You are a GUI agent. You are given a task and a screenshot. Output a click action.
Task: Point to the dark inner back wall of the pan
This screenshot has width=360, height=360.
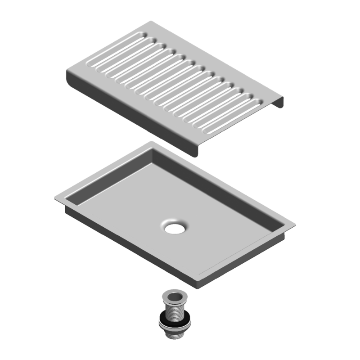tap(216, 189)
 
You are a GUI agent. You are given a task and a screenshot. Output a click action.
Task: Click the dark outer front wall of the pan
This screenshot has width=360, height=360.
tap(130, 247)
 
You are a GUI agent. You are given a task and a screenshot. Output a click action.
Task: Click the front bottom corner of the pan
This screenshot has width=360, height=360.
tap(198, 287)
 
